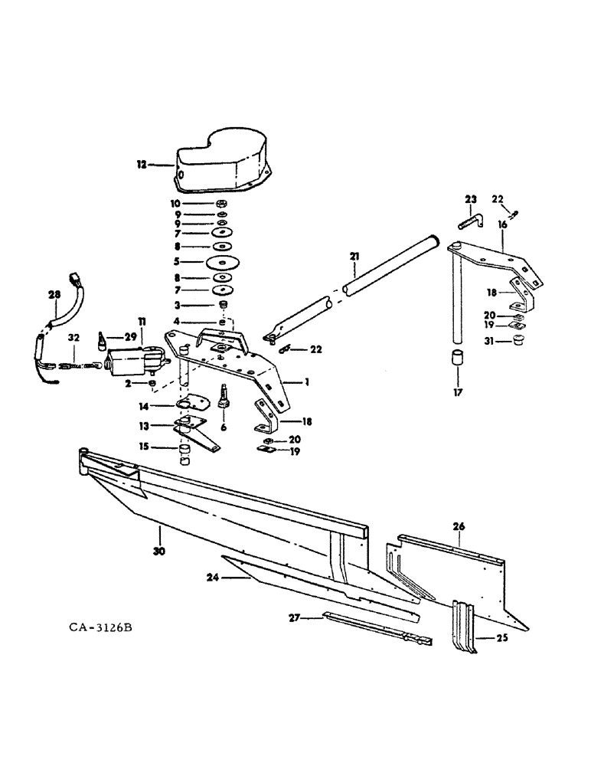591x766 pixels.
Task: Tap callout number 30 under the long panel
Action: point(159,551)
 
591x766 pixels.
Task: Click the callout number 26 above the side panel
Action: point(459,527)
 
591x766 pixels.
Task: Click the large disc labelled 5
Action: point(222,261)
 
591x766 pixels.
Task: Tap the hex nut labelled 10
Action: point(222,204)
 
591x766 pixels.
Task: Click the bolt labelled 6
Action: point(225,395)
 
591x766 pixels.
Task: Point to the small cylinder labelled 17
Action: point(458,358)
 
